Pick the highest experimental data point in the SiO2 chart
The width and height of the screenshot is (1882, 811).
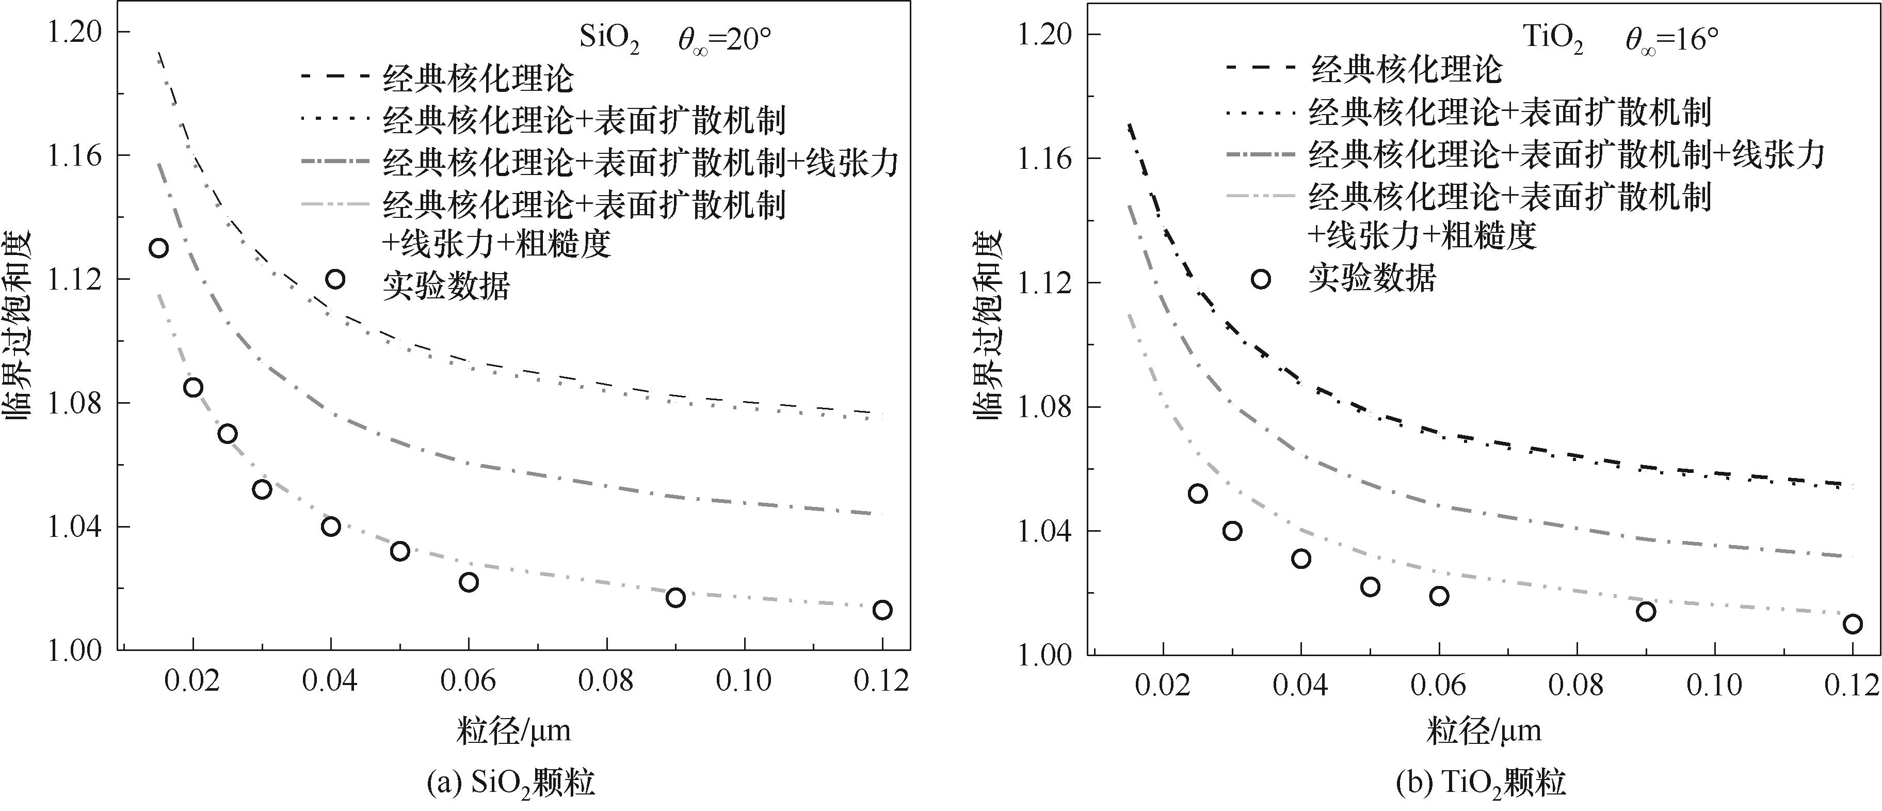click(158, 248)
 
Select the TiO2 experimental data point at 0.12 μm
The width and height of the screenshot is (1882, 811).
click(1852, 623)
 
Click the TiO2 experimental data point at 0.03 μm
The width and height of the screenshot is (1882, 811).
click(1232, 531)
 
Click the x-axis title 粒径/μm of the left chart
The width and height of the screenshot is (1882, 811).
click(513, 730)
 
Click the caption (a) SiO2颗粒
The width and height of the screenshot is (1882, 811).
click(511, 785)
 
